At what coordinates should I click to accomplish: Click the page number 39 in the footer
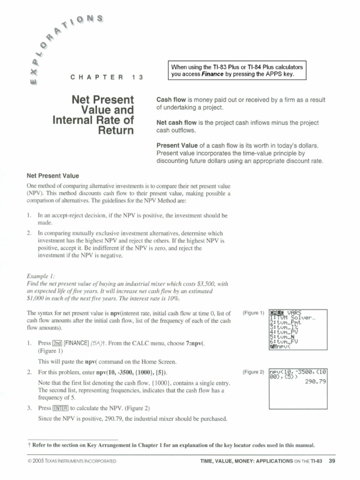click(332, 461)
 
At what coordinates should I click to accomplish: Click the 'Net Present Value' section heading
click(52, 176)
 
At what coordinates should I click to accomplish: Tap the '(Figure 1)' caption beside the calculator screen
click(254, 313)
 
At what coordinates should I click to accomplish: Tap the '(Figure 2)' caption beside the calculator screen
click(254, 372)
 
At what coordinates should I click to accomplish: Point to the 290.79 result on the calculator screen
click(315, 382)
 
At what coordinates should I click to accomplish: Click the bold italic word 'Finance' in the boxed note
click(215, 74)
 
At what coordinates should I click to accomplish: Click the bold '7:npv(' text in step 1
click(195, 344)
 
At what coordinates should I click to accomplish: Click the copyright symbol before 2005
click(30, 461)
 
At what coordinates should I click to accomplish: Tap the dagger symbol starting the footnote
click(29, 445)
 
